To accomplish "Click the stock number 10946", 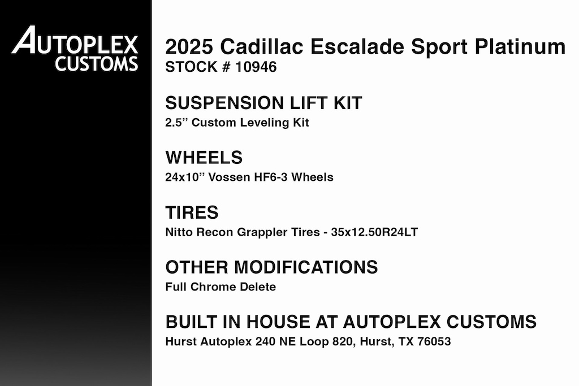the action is [x=256, y=67].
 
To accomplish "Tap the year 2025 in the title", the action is [x=189, y=46].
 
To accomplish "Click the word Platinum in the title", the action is [x=520, y=46].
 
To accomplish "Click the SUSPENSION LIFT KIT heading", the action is [x=263, y=103].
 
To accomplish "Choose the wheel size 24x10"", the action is [x=185, y=177].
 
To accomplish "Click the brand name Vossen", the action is [x=230, y=177].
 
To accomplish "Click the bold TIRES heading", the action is [x=192, y=212].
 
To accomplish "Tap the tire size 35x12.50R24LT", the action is [x=374, y=232].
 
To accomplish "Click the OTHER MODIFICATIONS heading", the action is [x=271, y=267].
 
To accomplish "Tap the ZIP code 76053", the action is [x=434, y=341].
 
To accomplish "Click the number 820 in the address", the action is [x=342, y=341].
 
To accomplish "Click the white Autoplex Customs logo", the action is [x=75, y=49].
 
